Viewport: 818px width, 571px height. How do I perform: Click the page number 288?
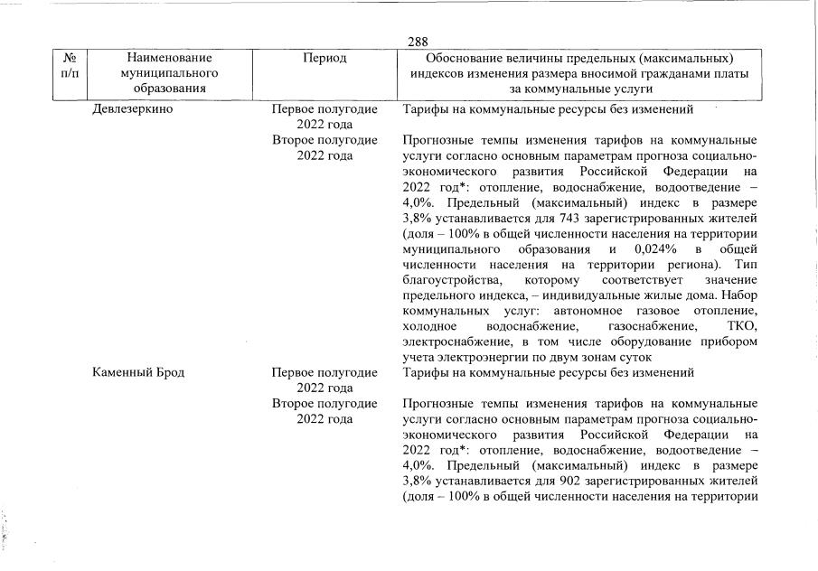click(x=418, y=42)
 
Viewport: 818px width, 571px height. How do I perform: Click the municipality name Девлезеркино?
click(x=133, y=110)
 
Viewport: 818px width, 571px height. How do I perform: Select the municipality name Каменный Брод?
click(x=138, y=372)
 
